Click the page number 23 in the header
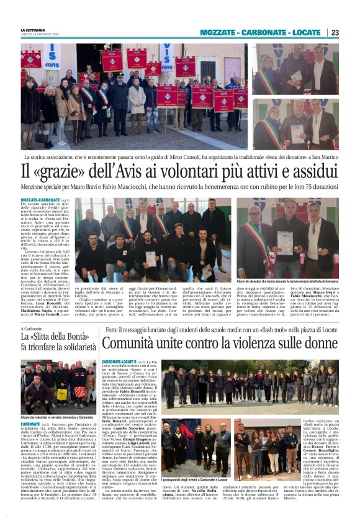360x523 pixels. [x=335, y=32]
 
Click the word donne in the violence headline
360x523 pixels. [x=321, y=343]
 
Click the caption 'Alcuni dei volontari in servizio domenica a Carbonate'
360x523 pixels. [x=55, y=417]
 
